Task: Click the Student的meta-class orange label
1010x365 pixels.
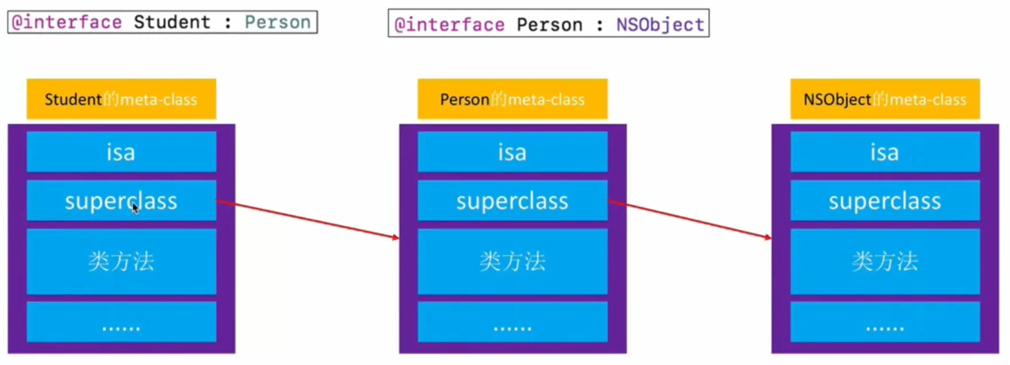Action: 121,99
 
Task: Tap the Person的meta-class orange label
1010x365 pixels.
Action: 512,99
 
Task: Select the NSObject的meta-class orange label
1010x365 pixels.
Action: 885,99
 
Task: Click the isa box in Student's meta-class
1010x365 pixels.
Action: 121,152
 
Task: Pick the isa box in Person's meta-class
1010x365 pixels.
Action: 512,152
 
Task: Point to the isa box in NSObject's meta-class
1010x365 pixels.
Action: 885,152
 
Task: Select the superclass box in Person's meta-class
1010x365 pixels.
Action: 512,201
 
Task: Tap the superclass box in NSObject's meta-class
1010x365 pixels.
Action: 885,201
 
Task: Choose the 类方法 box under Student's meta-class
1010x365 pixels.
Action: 121,262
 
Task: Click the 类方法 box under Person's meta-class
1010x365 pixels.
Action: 512,262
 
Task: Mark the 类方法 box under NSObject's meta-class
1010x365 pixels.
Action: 885,262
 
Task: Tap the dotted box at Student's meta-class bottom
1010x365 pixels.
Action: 121,322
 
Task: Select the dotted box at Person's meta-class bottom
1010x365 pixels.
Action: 512,322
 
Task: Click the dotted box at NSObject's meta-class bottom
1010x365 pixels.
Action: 885,322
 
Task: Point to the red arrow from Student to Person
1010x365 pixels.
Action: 307,219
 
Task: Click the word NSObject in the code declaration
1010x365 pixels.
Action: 660,25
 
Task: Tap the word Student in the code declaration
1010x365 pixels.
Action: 172,22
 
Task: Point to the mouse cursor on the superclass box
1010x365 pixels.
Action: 135,208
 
